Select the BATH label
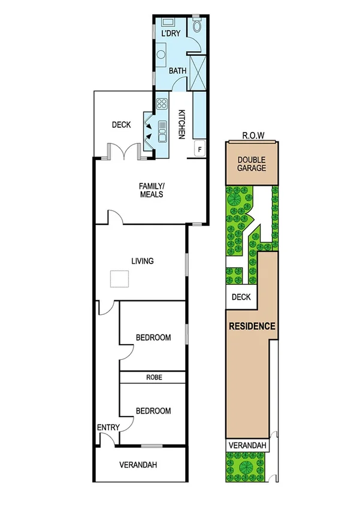click(x=177, y=71)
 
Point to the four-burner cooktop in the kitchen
click(x=162, y=104)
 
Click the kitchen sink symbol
click(x=162, y=130)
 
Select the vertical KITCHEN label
click(x=181, y=122)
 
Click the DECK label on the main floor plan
click(x=122, y=125)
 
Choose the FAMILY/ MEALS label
click(x=151, y=190)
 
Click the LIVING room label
click(x=143, y=261)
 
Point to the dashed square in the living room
click(x=120, y=281)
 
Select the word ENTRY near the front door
click(x=108, y=427)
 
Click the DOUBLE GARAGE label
click(x=252, y=164)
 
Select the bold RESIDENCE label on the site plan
click(x=252, y=327)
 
